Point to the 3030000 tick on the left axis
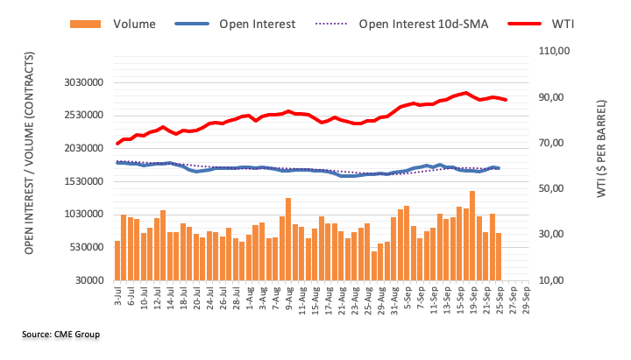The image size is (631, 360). pos(84,82)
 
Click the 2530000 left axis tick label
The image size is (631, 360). pos(84,116)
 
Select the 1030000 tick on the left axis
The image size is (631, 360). pos(84,215)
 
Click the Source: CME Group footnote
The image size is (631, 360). pos(61,335)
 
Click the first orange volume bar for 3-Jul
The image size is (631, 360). pos(117,260)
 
